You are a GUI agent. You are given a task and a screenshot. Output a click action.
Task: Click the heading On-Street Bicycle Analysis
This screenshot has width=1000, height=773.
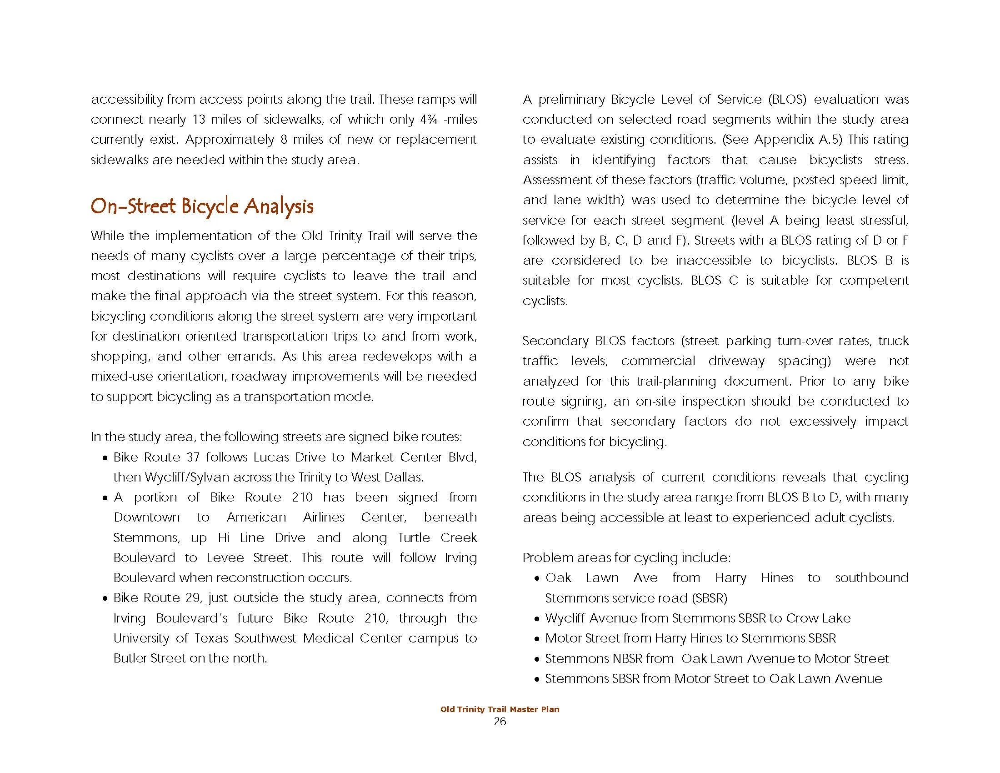click(202, 206)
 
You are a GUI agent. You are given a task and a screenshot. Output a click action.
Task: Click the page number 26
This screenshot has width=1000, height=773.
click(500, 722)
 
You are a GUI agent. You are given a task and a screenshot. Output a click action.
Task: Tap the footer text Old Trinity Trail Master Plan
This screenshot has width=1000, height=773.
click(500, 709)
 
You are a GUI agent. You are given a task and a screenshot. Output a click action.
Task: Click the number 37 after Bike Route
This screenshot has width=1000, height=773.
click(193, 457)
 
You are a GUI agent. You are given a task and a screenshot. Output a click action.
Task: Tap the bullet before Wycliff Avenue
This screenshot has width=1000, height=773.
click(537, 619)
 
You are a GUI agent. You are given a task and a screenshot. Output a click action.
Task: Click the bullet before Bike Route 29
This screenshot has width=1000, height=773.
click(105, 599)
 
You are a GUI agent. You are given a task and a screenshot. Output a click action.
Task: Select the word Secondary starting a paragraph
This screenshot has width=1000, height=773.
click(555, 341)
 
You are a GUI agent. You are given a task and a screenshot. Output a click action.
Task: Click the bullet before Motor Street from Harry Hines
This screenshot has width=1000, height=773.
click(537, 639)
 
